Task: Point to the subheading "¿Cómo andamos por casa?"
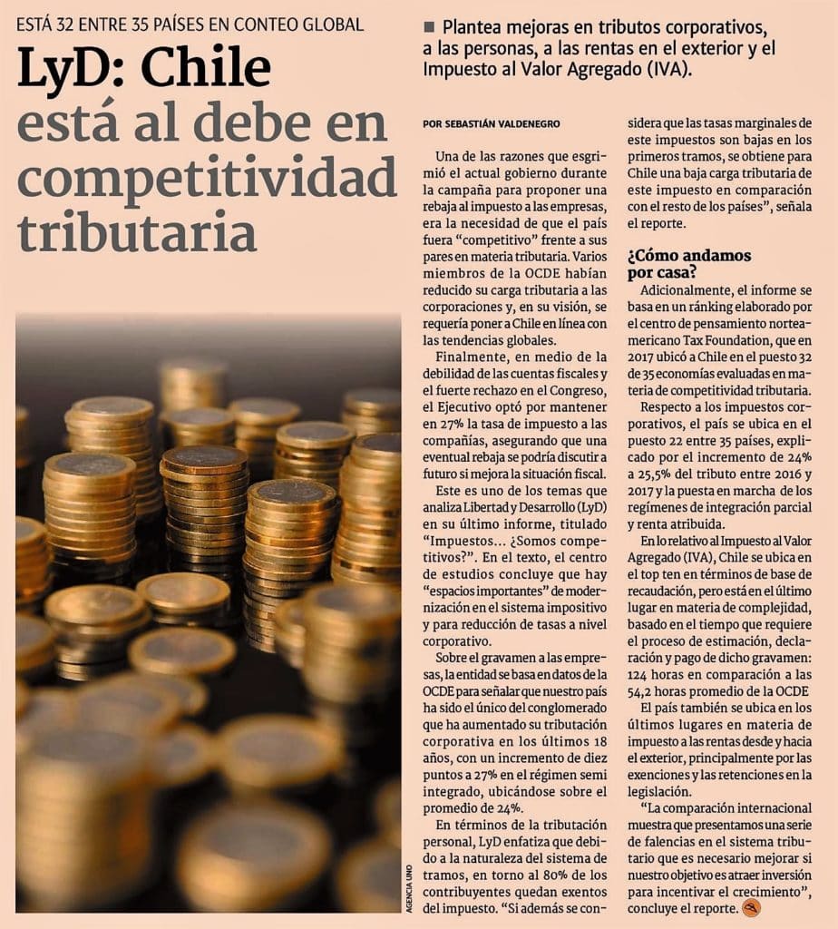click(689, 263)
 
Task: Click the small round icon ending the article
click(751, 907)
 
